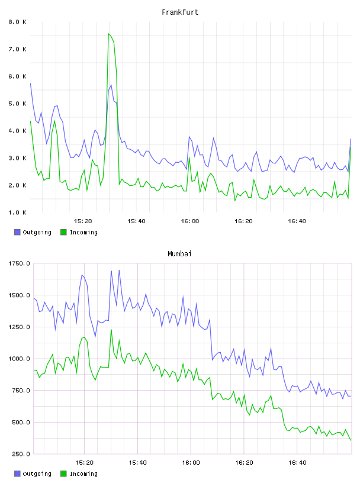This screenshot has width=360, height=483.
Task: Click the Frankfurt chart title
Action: click(x=180, y=12)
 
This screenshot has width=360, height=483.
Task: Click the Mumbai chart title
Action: click(x=179, y=254)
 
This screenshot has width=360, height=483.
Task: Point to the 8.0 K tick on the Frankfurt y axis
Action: click(x=18, y=22)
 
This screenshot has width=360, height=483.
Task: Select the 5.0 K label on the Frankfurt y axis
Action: click(x=18, y=104)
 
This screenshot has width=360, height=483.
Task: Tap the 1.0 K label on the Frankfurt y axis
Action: click(x=18, y=212)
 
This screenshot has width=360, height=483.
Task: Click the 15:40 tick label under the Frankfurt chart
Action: click(x=136, y=221)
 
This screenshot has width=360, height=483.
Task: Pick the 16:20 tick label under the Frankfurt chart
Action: click(x=243, y=221)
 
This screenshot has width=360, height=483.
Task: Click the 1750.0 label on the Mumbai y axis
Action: click(x=19, y=263)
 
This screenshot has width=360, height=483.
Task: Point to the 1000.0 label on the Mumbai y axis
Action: click(x=19, y=359)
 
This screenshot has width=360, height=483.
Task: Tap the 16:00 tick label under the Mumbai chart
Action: click(x=191, y=462)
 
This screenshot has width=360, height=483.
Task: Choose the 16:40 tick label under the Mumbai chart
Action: click(x=297, y=462)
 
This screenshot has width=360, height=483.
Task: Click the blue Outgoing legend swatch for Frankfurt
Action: click(x=17, y=232)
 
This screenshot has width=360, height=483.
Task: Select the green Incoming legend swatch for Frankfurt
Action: click(x=63, y=232)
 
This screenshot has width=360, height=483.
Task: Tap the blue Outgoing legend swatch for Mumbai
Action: click(x=17, y=474)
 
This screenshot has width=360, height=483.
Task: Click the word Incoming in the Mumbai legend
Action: click(x=83, y=474)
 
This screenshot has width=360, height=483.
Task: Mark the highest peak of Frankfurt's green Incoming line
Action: click(x=108, y=34)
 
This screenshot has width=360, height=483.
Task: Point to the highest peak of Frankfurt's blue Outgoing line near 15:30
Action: click(x=111, y=85)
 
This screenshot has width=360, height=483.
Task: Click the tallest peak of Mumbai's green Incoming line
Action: click(x=111, y=330)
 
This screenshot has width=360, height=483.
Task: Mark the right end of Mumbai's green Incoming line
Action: click(x=351, y=440)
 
